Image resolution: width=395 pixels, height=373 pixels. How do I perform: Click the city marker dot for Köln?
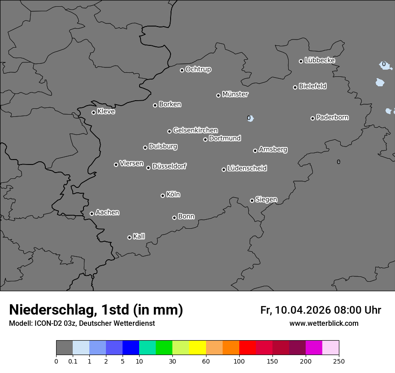point(162,195)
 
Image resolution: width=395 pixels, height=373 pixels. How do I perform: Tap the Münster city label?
point(235,94)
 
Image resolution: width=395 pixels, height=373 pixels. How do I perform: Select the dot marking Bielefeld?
point(295,87)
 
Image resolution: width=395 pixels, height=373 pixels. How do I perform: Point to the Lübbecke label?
point(320,60)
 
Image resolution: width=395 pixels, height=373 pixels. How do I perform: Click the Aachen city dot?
point(92,213)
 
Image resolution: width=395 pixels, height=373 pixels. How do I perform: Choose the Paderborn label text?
point(332,117)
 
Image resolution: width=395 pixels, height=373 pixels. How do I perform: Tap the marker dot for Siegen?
point(252,200)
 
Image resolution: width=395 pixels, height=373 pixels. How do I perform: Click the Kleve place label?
point(106,111)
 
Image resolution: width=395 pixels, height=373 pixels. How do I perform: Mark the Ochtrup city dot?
point(182,70)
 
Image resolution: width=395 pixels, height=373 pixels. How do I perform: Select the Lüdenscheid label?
point(247,169)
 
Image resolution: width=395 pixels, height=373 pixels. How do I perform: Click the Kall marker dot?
point(129,237)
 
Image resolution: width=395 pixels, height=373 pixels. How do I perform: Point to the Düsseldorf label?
point(169,166)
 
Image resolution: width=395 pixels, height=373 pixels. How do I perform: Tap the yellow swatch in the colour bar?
point(197,348)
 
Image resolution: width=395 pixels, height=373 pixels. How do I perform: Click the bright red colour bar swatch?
point(247,348)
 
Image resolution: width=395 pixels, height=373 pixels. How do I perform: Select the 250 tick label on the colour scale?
point(339,361)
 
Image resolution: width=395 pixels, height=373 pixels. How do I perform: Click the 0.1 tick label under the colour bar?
point(73,361)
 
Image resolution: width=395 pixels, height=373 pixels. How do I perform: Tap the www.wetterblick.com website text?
point(324,324)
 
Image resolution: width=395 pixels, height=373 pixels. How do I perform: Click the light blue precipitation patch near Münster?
point(250,119)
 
